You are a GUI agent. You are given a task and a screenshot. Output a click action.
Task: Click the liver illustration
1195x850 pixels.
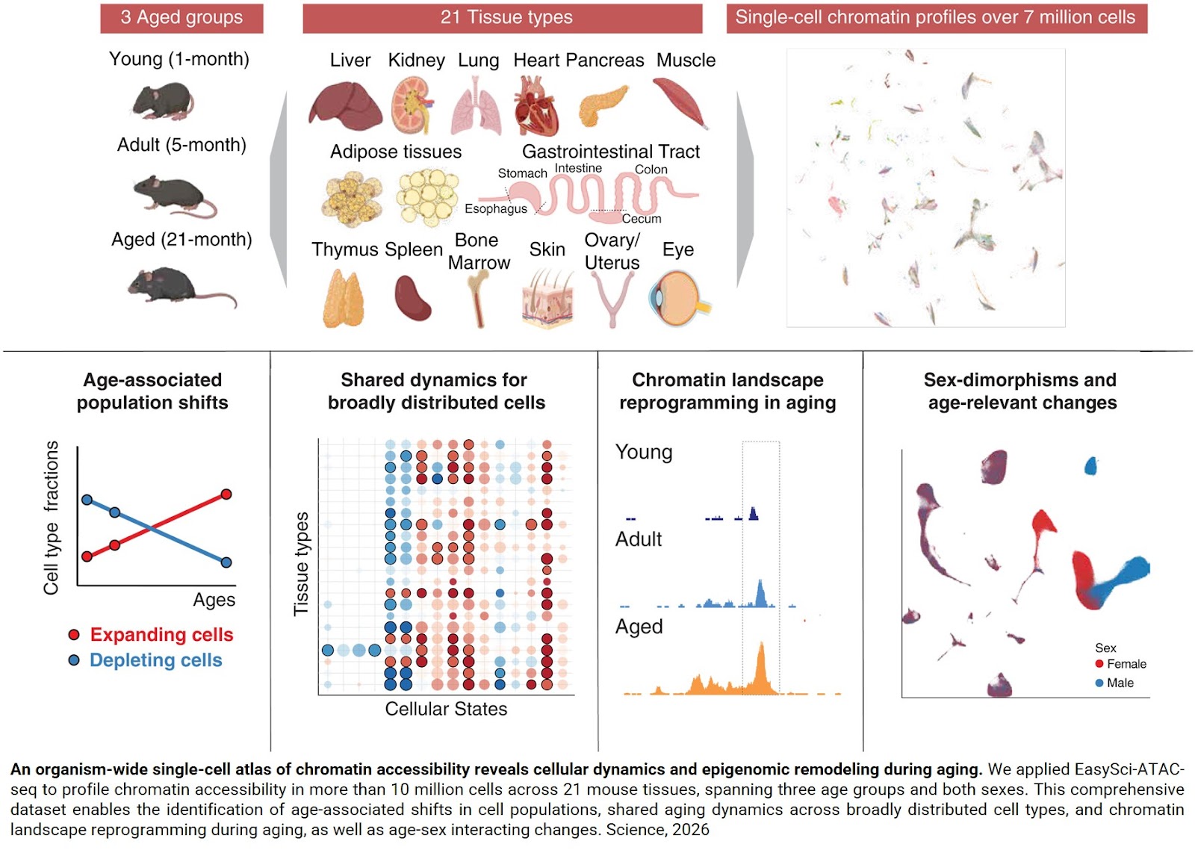tap(344, 105)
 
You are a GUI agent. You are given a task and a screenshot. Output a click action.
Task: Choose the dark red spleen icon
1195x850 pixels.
tap(412, 298)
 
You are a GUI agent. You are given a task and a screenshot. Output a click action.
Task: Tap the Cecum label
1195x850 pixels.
tap(641, 219)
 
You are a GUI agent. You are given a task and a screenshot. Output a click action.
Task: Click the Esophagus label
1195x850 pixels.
tap(495, 208)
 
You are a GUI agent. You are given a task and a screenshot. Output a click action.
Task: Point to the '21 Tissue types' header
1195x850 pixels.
tap(506, 17)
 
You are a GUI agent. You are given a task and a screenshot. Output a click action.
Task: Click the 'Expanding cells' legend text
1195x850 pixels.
tap(161, 635)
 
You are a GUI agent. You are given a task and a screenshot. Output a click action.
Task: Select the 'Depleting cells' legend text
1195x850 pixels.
tap(155, 660)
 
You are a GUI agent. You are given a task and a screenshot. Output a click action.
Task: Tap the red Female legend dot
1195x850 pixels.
tap(1099, 664)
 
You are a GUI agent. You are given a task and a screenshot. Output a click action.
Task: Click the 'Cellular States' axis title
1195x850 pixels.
tap(446, 709)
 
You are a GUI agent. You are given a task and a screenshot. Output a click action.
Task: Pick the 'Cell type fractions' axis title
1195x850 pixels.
tap(51, 518)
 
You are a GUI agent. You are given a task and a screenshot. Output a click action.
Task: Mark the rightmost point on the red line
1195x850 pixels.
tap(226, 494)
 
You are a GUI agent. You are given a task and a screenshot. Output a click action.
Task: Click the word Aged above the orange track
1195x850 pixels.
tap(639, 627)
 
